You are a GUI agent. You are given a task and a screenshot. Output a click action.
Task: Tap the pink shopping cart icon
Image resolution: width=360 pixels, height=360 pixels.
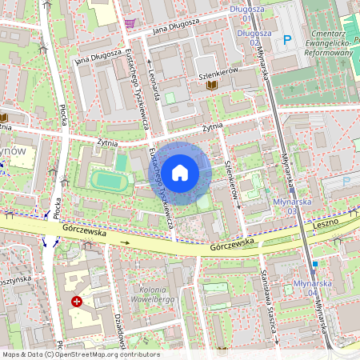click(x=130, y=23)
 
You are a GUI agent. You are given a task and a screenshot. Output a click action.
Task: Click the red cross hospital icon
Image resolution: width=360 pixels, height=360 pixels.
click(x=77, y=302)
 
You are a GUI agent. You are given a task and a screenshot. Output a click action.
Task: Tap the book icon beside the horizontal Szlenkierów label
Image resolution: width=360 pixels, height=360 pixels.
click(x=212, y=84)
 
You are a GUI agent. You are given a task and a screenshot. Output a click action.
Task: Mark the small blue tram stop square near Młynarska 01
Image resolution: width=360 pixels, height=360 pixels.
click(x=316, y=263)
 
